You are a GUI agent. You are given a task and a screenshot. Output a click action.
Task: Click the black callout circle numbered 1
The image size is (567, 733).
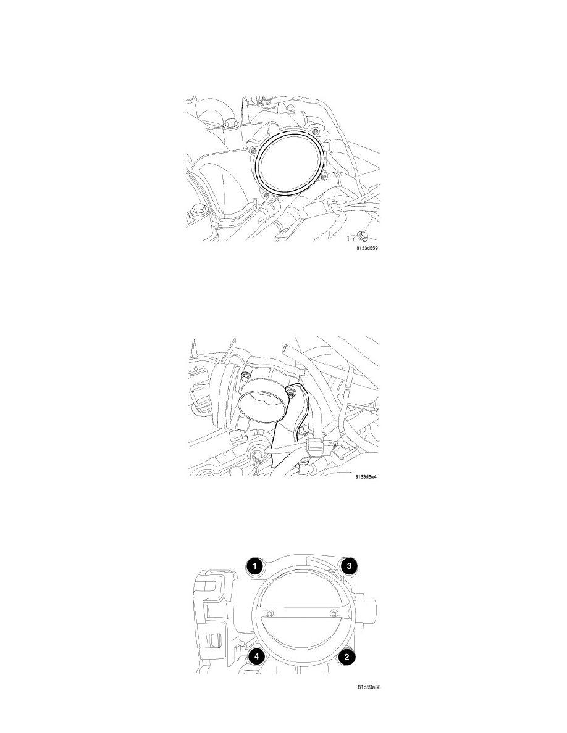tap(254, 566)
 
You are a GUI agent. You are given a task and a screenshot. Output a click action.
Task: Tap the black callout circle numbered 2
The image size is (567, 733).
tap(346, 656)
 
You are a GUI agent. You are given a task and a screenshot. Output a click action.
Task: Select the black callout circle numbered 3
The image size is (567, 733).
tap(349, 566)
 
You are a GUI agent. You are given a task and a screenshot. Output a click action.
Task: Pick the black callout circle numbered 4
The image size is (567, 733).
tap(256, 656)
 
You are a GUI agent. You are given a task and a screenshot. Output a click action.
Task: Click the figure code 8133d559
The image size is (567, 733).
tap(367, 248)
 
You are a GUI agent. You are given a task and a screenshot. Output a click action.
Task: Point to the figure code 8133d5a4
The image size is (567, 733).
tap(366, 477)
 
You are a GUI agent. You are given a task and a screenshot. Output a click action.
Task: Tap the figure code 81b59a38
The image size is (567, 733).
tap(369, 688)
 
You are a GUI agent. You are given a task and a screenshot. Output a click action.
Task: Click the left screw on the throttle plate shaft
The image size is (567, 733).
tap(269, 613)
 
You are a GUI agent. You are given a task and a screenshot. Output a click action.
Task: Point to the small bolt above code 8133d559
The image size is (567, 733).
tap(360, 234)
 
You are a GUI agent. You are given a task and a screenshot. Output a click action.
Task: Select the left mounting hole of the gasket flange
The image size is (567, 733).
tap(253, 151)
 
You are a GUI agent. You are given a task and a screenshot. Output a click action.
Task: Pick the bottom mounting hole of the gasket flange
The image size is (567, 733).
tap(266, 194)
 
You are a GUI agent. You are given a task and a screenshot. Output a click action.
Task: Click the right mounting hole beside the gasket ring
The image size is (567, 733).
tap(323, 176)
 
